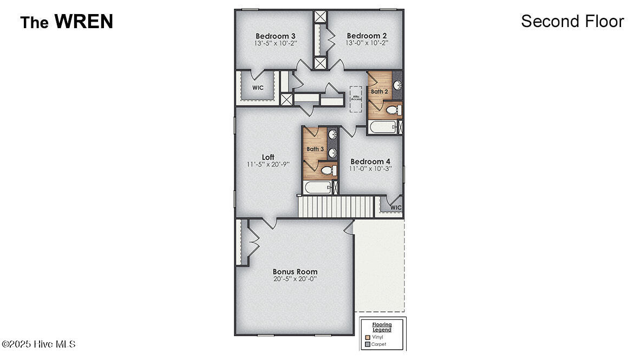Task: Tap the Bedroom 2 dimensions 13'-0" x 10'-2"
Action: [x=367, y=43]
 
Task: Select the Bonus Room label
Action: [x=295, y=272]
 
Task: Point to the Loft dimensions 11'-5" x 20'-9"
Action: [x=268, y=164]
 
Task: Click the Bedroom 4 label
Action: [x=370, y=161]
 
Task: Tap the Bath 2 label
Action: [x=379, y=91]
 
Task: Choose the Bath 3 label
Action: [x=315, y=149]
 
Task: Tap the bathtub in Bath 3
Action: [x=316, y=188]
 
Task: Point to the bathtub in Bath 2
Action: [x=382, y=128]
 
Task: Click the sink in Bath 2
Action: [x=396, y=86]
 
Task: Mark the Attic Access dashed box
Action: [x=356, y=98]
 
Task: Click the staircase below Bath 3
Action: [x=336, y=207]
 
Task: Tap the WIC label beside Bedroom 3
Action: [x=258, y=88]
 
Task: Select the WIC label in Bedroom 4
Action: [x=396, y=207]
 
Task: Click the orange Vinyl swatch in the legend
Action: [x=368, y=337]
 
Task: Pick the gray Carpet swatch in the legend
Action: [x=368, y=344]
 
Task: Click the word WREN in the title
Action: [x=83, y=22]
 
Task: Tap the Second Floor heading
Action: [x=572, y=21]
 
